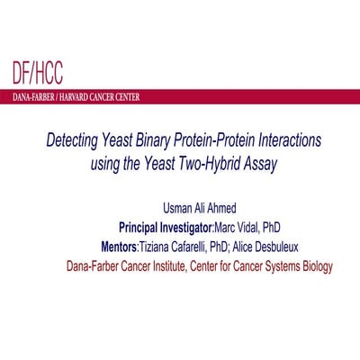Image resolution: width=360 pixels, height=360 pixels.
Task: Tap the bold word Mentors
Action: coord(126,246)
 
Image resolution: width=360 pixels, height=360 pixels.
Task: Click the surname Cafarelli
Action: coord(218,246)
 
